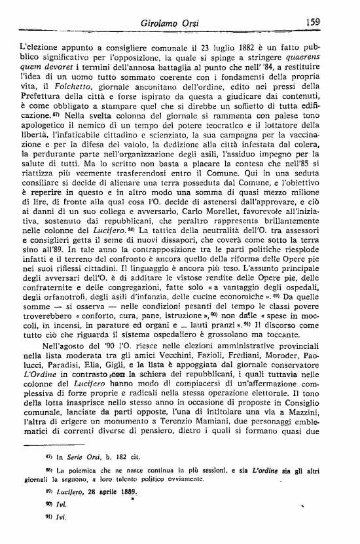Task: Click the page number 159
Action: click(312, 22)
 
